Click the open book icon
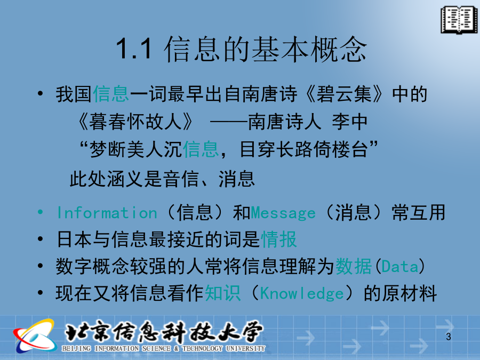(459, 20)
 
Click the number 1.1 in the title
(134, 49)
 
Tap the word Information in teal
(107, 213)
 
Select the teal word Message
(283, 213)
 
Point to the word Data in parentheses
(400, 266)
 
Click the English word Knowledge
(302, 293)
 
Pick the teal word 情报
(279, 239)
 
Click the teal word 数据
(354, 266)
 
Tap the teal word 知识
(223, 293)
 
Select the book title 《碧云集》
(344, 94)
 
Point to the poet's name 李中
(349, 122)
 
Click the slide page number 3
(449, 337)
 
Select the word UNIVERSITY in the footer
(245, 348)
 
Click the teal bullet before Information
(40, 212)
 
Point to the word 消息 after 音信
(237, 179)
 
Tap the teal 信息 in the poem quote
(201, 149)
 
